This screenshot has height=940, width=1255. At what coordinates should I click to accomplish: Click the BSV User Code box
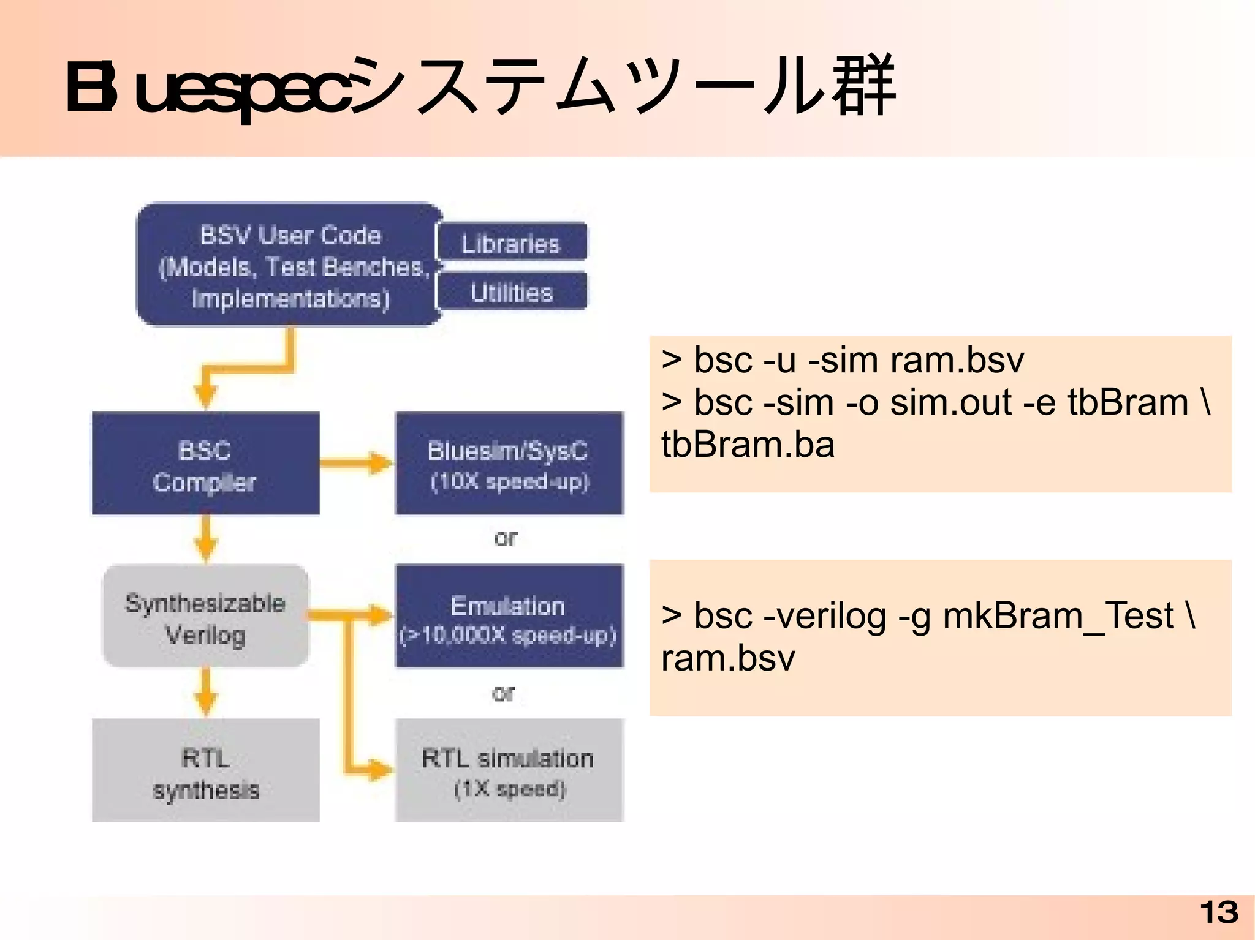(x=288, y=265)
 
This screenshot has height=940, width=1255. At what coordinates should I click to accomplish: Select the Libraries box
(x=511, y=243)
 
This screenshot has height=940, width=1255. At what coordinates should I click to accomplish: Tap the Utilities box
(x=511, y=291)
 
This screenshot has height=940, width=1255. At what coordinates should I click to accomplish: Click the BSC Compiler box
(x=205, y=464)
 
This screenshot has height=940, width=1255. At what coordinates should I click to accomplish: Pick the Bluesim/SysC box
(x=509, y=464)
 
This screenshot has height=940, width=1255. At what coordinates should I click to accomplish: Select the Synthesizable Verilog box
(x=205, y=617)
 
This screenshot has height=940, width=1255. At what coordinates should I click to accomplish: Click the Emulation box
(x=509, y=617)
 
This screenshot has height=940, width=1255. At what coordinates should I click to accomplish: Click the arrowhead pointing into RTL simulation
(x=380, y=769)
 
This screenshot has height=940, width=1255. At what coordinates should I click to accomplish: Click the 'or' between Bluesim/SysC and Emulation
(x=506, y=538)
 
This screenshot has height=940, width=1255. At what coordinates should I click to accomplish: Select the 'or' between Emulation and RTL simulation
(x=504, y=693)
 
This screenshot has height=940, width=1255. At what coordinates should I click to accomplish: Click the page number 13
(x=1219, y=912)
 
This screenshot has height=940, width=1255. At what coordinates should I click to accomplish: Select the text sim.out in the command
(x=950, y=402)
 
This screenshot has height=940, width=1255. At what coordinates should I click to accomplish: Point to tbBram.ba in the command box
(x=748, y=445)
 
